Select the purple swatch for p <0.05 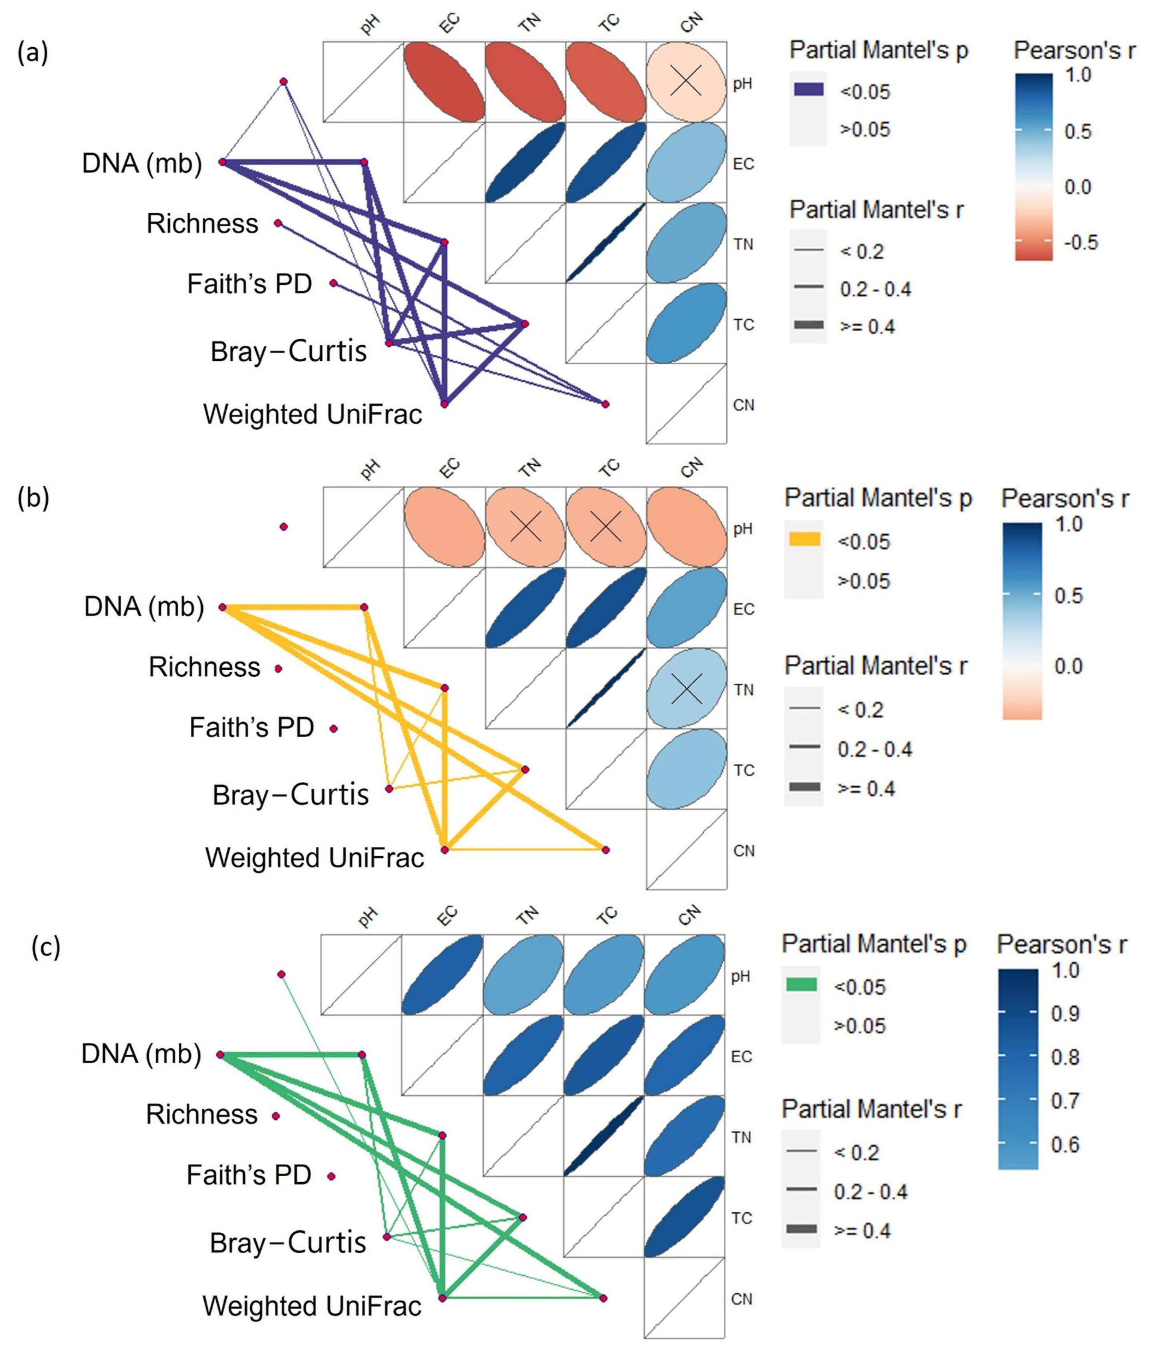click(x=808, y=90)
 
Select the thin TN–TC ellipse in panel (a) click(x=606, y=243)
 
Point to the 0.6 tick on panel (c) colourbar click(x=1065, y=1145)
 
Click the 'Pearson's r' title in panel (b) click(x=1064, y=498)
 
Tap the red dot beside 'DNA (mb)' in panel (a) click(x=222, y=162)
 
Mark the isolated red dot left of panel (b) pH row click(x=283, y=526)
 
